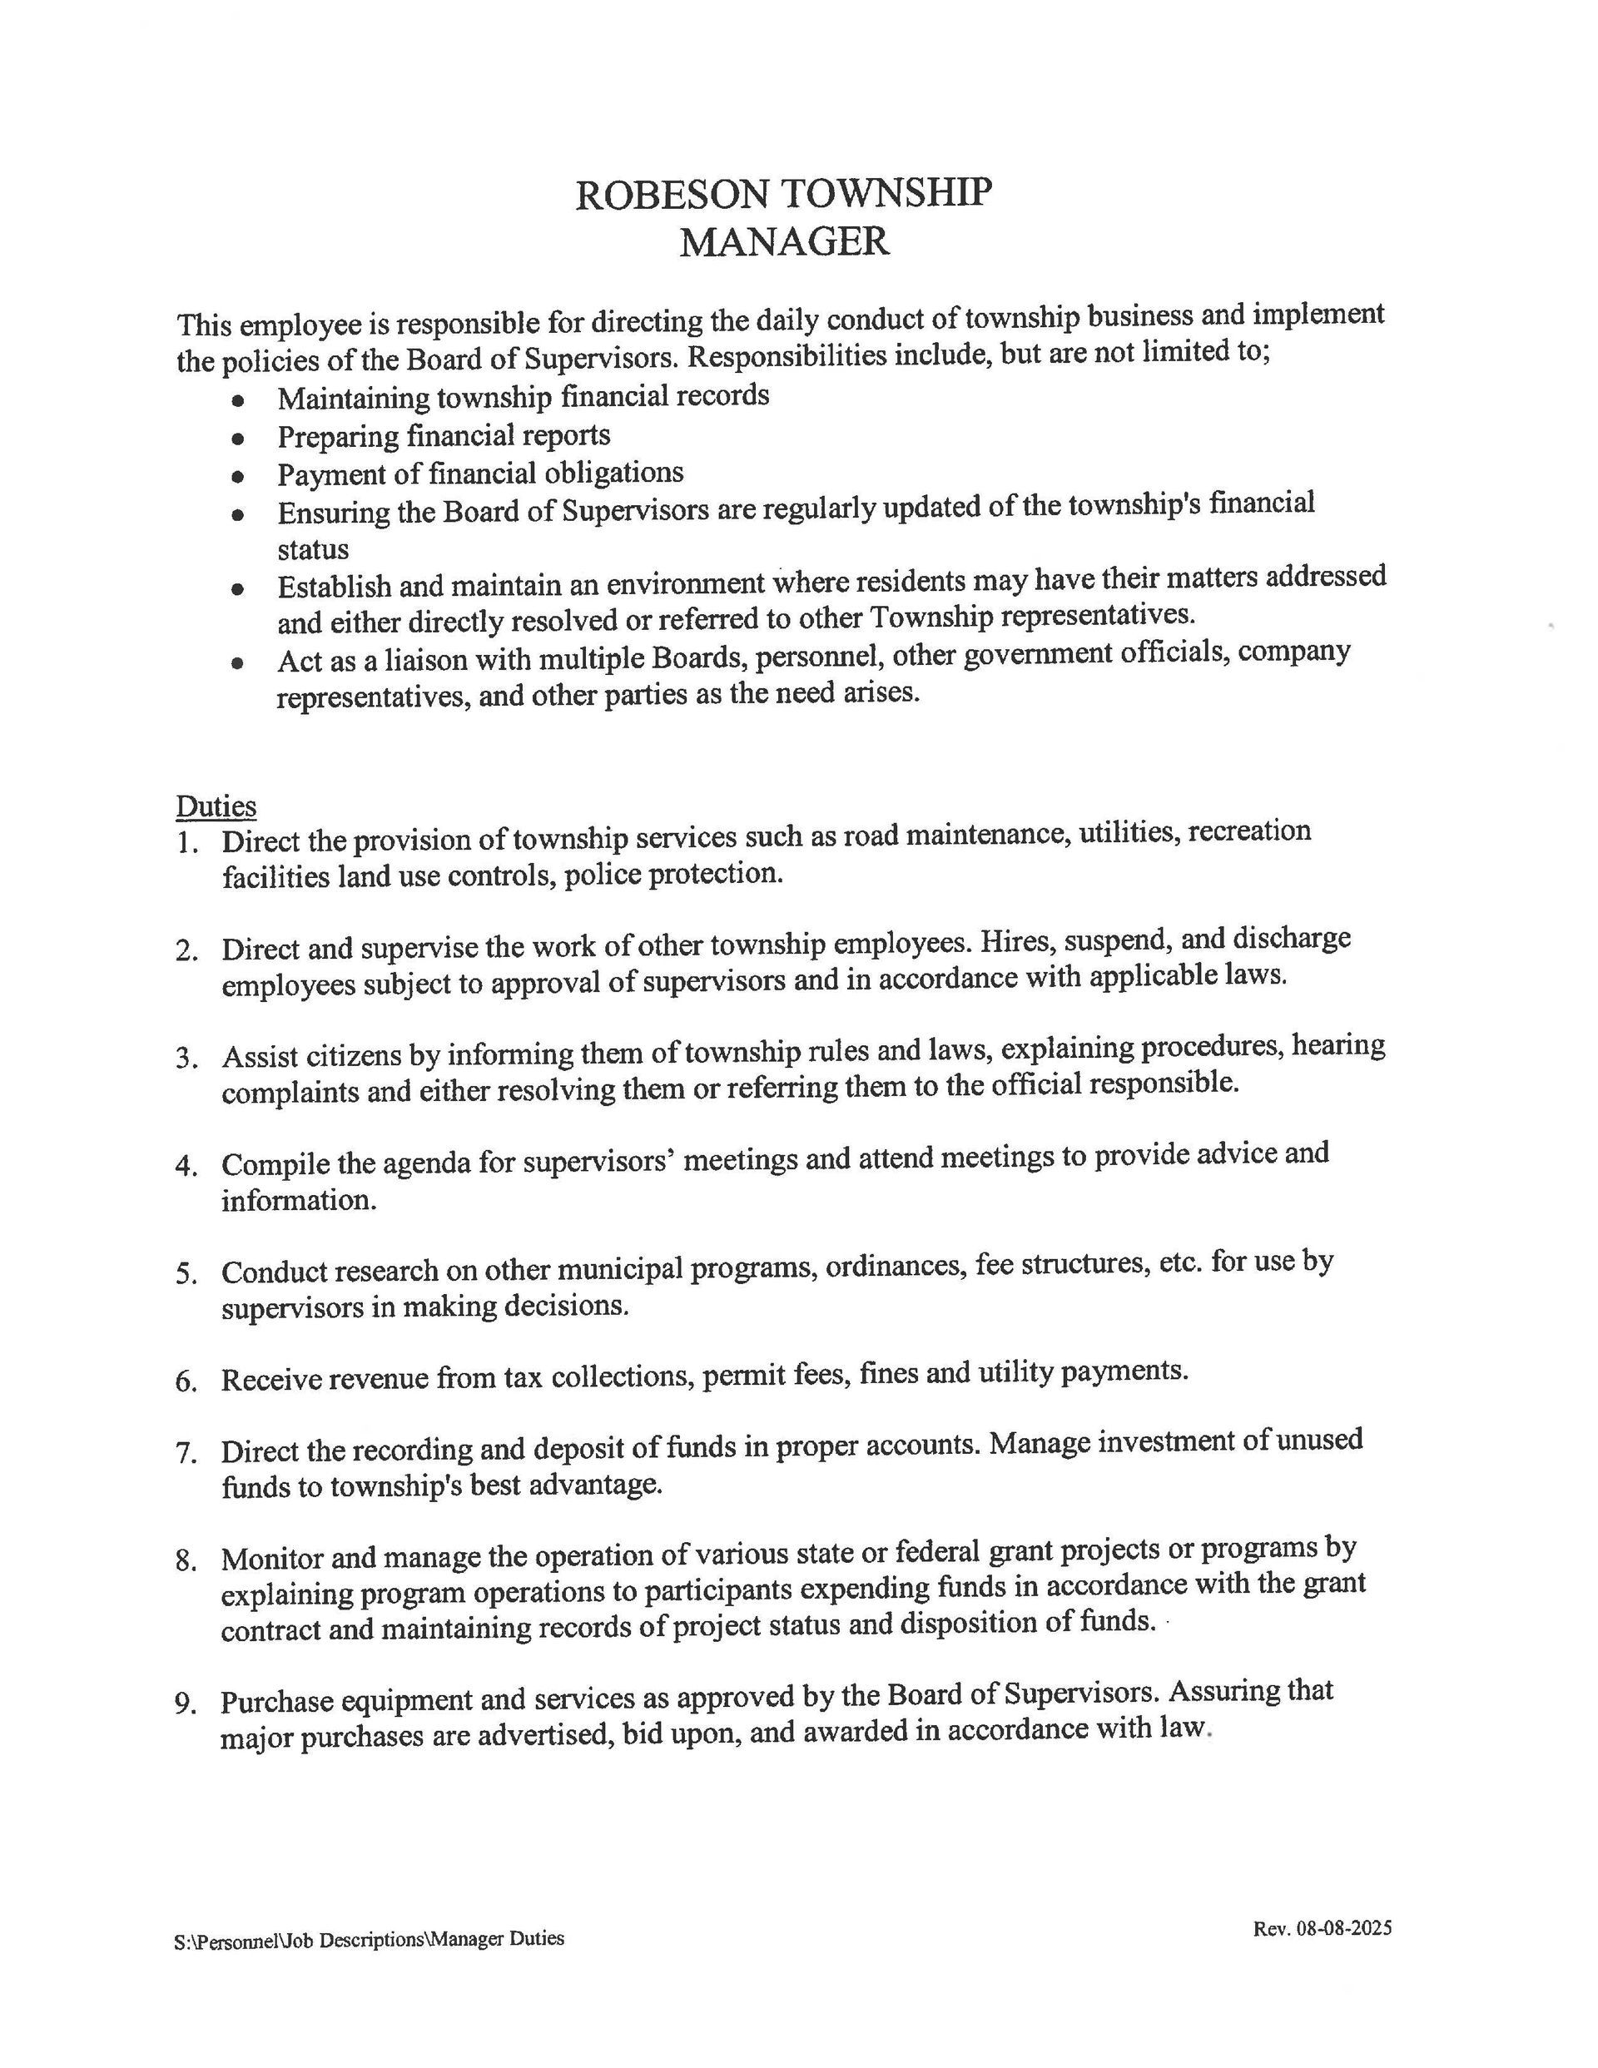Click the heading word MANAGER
[x=784, y=242]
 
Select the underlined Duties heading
[x=216, y=806]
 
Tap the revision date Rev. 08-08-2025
[x=1322, y=1929]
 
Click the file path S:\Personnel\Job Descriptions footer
[x=369, y=1939]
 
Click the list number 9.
[x=186, y=1704]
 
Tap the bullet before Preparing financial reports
[x=238, y=439]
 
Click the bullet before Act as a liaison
[x=238, y=664]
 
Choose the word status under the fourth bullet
[x=313, y=550]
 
